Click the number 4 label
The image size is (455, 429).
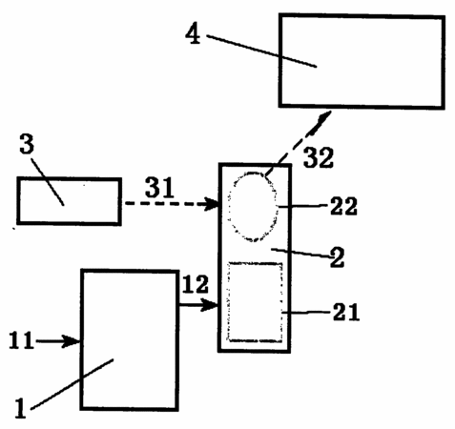pos(193,34)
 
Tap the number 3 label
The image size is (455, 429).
pos(27,144)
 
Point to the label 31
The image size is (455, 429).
pos(159,188)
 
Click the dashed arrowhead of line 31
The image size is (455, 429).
pos(212,203)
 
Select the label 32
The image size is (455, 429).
pos(319,157)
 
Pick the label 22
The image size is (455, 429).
pos(343,206)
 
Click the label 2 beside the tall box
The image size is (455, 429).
pos(337,257)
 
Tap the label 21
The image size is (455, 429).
pos(346,312)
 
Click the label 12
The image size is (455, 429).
pos(196,284)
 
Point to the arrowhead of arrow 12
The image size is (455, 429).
pos(210,305)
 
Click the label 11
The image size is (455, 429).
pos(21,340)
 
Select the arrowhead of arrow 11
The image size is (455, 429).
pos(72,341)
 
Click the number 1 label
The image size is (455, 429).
pos(21,408)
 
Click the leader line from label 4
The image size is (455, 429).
pos(261,51)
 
